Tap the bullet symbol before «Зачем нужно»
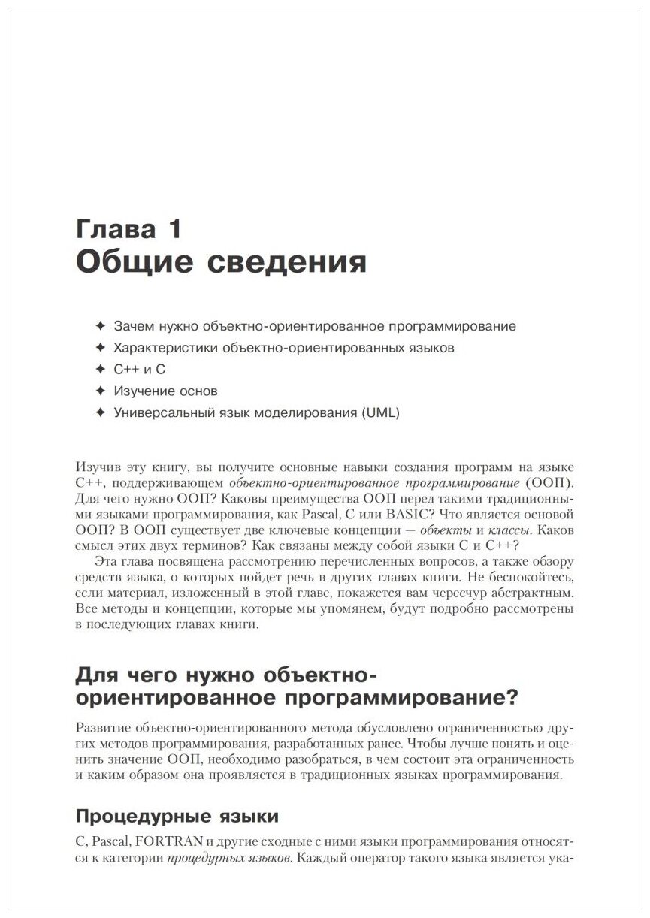[x=100, y=327]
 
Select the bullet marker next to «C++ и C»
[x=100, y=370]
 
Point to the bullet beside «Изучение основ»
[x=100, y=391]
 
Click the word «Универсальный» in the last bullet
[x=159, y=413]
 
